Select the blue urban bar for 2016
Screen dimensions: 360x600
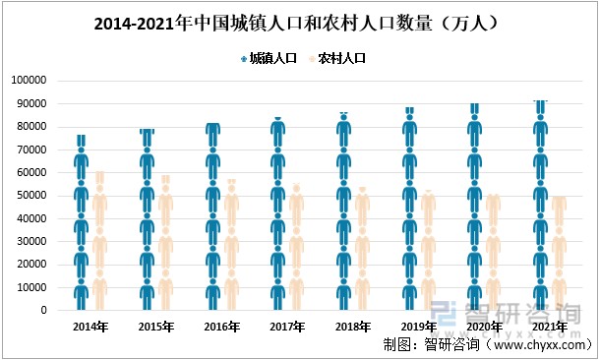coord(212,217)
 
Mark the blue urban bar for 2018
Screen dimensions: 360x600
coord(343,211)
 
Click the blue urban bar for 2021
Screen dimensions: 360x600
coord(540,206)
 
